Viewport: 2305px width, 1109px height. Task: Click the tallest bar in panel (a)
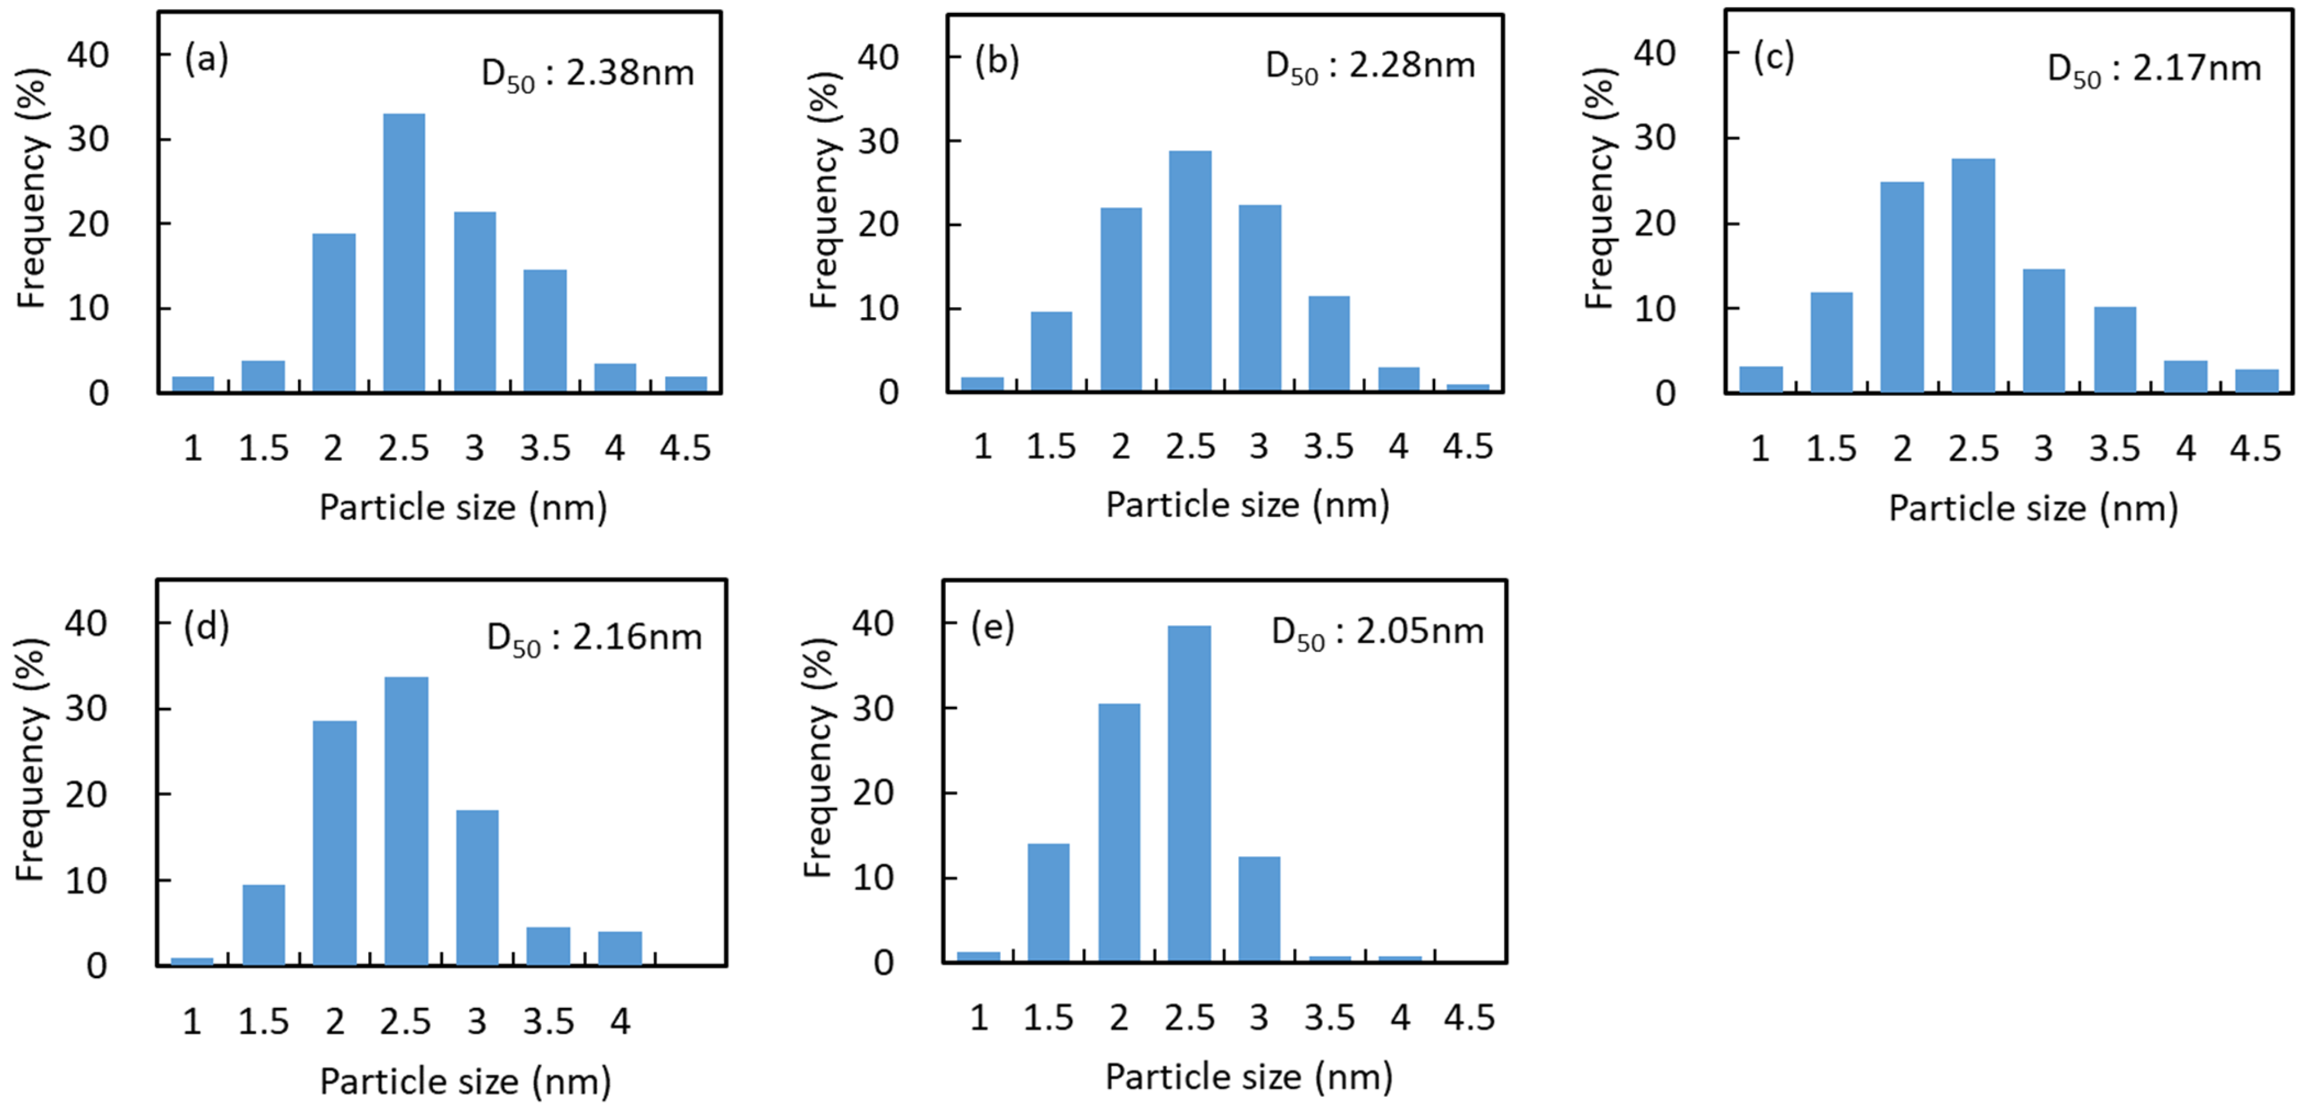click(404, 253)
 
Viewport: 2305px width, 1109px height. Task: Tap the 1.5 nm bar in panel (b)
click(1051, 352)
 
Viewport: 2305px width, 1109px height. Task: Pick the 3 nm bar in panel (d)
click(477, 887)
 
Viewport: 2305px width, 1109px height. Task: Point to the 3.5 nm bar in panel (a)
click(545, 331)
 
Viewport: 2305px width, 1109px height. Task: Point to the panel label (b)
click(996, 61)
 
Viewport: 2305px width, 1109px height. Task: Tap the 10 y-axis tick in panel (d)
click(86, 881)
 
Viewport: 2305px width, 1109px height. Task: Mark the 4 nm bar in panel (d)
click(619, 948)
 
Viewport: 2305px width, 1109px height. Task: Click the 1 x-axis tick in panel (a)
click(192, 448)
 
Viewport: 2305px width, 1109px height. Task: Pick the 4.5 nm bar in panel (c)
click(2256, 381)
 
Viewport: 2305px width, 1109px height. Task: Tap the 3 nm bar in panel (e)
click(1259, 909)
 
